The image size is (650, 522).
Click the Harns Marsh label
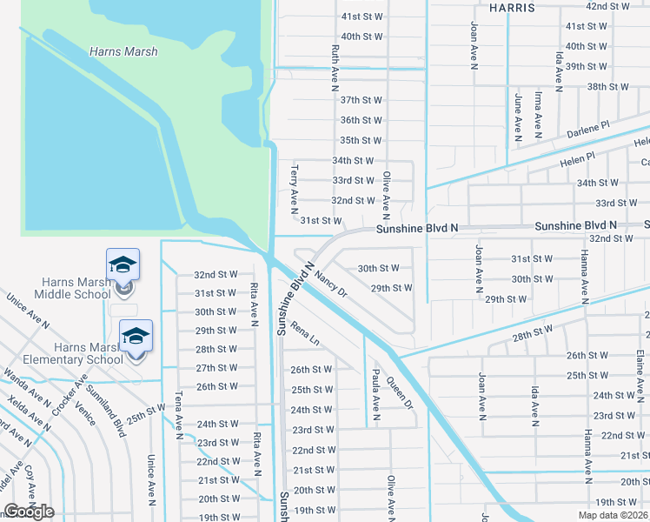[x=123, y=51]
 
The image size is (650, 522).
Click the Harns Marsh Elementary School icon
[x=136, y=337]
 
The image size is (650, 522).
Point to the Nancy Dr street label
[x=331, y=283]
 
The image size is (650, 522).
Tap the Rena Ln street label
[x=305, y=334]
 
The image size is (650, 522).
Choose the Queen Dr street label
[x=399, y=391]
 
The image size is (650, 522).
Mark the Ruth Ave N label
[x=334, y=69]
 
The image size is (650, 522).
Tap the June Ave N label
[x=517, y=117]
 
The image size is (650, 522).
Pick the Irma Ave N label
[x=539, y=116]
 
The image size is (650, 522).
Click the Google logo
[x=29, y=512]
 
